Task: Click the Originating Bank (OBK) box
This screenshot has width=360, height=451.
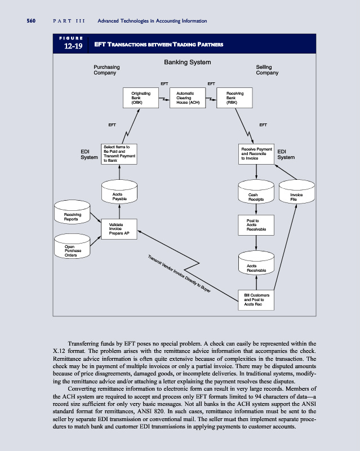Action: pos(140,98)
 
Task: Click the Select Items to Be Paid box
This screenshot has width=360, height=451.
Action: pos(119,153)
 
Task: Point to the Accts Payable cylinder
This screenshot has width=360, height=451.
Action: pos(119,194)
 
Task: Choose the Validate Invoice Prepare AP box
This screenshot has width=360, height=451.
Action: pos(119,228)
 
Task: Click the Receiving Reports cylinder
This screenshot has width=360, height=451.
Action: pos(73,214)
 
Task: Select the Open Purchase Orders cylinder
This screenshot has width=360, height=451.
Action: pos(73,248)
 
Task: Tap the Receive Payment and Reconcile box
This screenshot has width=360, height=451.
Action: pos(256,153)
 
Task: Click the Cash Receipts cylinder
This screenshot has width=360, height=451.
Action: pos(256,194)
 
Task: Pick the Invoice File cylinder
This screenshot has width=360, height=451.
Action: pos(296,194)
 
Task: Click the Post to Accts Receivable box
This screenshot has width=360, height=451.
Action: pos(256,225)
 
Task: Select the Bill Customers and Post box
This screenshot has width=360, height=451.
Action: pos(256,299)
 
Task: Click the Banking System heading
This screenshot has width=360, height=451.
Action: pos(187,62)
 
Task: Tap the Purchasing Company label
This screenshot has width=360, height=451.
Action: pos(106,70)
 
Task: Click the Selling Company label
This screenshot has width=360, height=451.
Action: pos(267,70)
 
